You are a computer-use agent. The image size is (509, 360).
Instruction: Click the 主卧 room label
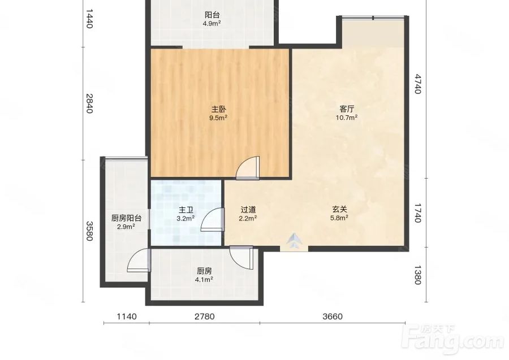tap(219, 109)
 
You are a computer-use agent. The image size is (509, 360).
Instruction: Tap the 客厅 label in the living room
tap(347, 109)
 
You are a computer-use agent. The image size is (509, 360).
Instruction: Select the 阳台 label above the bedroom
tap(212, 15)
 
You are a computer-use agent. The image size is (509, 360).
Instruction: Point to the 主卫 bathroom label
tap(186, 210)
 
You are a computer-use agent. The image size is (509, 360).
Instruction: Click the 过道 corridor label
tap(248, 210)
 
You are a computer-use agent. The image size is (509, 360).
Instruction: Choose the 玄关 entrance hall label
tap(339, 210)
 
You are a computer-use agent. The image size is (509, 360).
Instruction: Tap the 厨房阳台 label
tap(126, 218)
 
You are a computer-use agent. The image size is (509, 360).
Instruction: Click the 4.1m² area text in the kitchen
tap(204, 279)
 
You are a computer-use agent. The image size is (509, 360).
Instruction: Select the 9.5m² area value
tap(218, 118)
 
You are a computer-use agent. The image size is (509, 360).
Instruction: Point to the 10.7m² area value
tap(347, 118)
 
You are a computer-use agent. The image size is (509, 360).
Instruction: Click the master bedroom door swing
tap(248, 168)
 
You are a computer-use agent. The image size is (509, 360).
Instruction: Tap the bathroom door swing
tap(213, 220)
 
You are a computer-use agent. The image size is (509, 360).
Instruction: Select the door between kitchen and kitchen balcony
tap(139, 261)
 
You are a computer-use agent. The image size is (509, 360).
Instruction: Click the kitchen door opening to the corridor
tap(241, 258)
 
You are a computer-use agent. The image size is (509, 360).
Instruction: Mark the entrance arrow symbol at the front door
tap(294, 241)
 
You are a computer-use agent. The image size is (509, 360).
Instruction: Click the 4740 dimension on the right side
tap(418, 84)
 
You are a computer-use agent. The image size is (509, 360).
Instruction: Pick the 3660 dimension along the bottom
tap(333, 316)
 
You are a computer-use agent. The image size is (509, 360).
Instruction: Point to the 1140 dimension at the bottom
tap(127, 316)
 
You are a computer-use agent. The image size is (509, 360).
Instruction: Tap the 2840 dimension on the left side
tap(89, 103)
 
